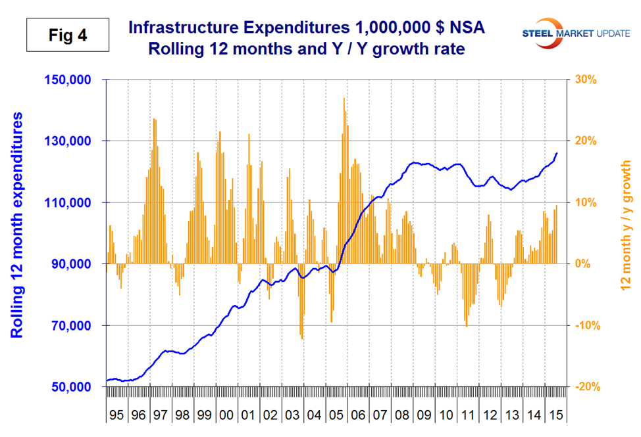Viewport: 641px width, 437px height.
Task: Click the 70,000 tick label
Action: pos(78,326)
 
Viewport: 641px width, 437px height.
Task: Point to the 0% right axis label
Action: pos(583,264)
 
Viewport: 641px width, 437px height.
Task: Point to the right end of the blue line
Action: pos(557,153)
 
